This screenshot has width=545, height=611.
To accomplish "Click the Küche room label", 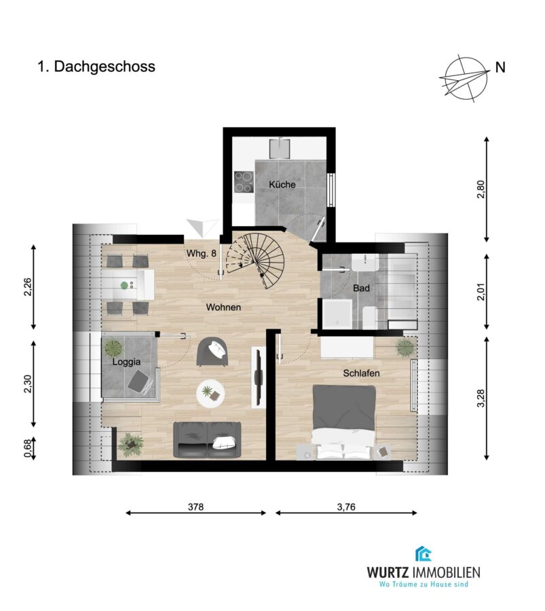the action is (282, 184).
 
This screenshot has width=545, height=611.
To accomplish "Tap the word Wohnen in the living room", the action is (223, 307).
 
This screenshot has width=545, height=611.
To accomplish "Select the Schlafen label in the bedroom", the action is (361, 373).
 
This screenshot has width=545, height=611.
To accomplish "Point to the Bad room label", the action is (361, 289).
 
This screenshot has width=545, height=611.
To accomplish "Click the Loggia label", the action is (126, 362).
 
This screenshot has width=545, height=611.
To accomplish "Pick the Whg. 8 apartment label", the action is (201, 253).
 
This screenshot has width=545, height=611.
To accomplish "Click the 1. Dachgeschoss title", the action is (96, 67).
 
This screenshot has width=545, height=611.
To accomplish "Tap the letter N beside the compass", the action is (500, 67).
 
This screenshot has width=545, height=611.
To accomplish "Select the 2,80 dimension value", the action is (481, 189).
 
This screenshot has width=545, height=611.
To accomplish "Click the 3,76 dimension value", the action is (346, 506).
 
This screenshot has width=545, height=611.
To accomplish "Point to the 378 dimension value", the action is (195, 506).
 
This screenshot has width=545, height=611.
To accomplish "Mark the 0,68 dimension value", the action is (27, 448).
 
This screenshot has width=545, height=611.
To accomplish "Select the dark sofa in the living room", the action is (207, 439).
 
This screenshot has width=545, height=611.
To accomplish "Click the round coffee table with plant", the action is (210, 394).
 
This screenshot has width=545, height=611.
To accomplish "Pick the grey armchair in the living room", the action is (212, 352).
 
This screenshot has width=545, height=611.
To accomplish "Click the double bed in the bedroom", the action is (344, 422).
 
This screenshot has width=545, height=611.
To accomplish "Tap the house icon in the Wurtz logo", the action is (423, 554).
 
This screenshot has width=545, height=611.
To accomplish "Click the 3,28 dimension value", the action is (481, 399).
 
